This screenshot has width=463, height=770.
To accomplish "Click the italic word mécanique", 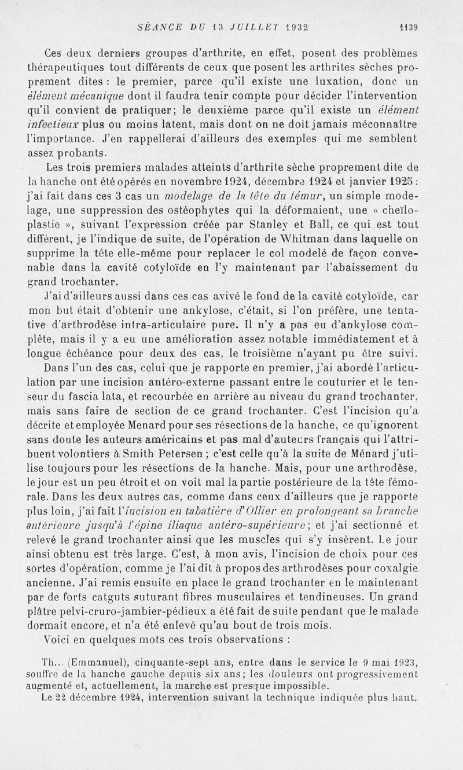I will [x=94, y=95].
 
